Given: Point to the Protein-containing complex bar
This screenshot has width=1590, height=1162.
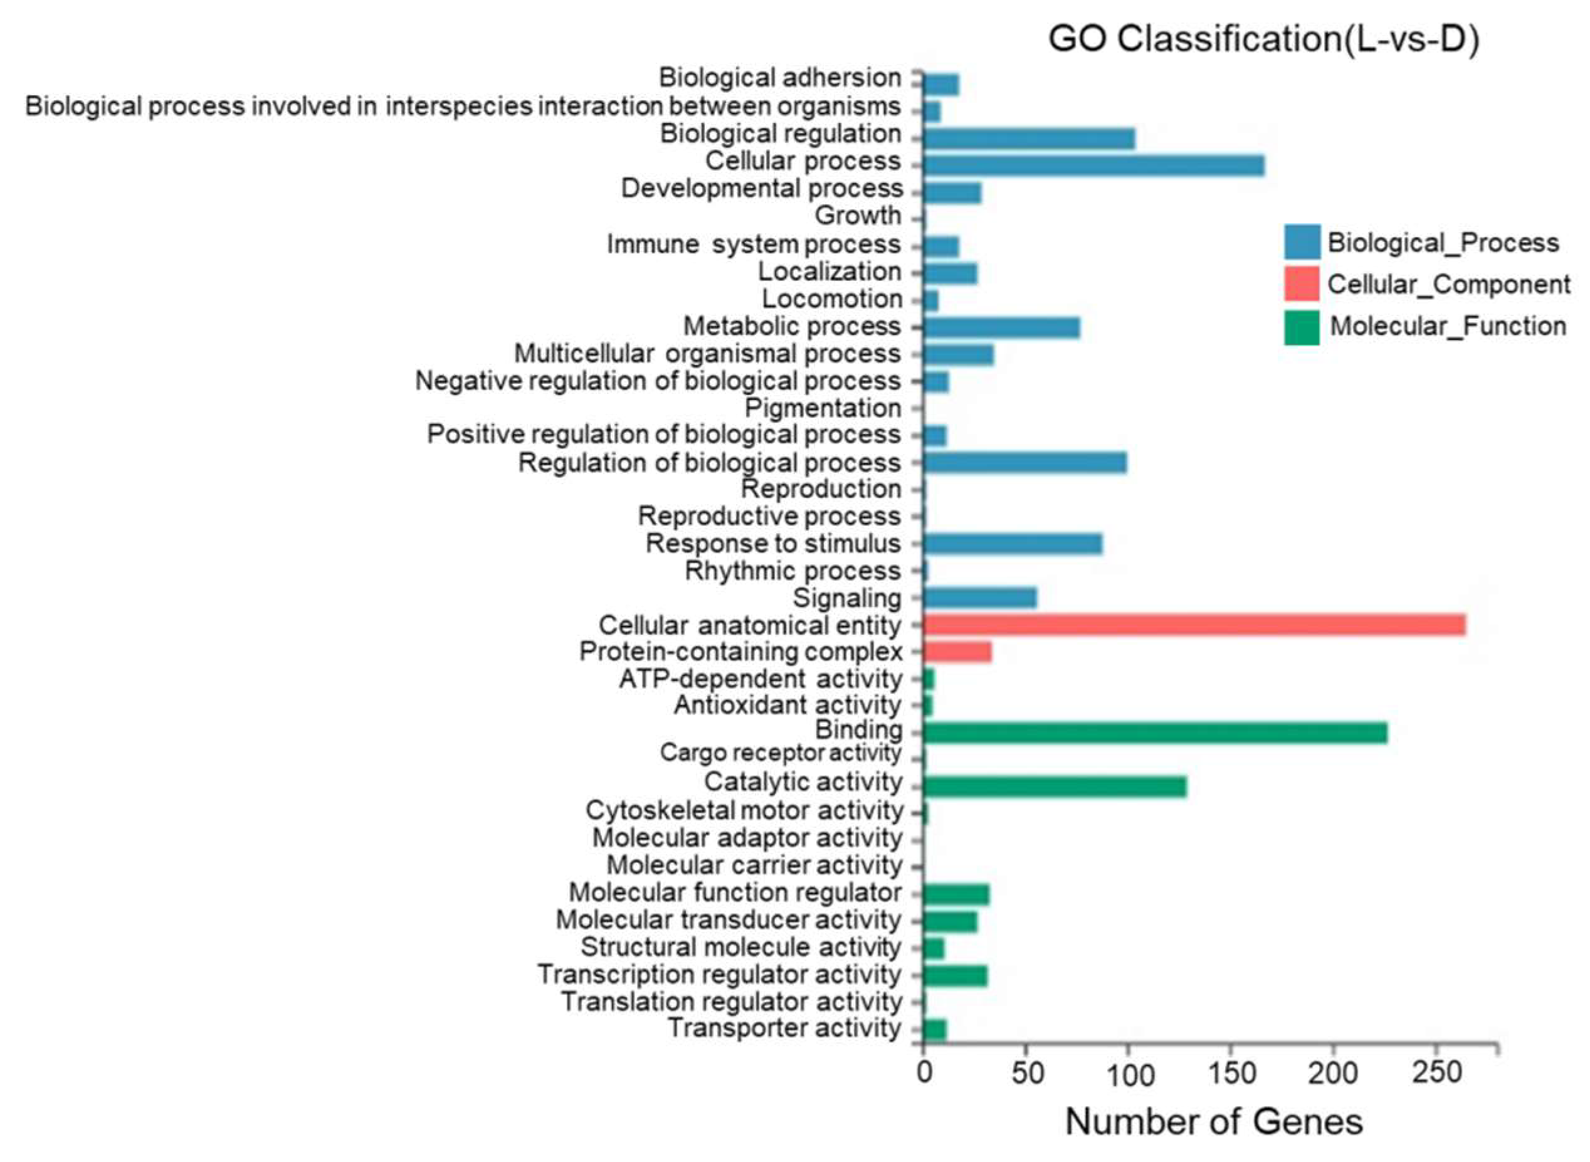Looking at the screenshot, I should click(956, 652).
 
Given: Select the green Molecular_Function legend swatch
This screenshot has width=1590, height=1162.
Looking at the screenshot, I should click(1301, 327).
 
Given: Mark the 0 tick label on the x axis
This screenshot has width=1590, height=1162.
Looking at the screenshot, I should click(924, 1074).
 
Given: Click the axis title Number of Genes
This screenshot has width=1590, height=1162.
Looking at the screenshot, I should click(1214, 1121).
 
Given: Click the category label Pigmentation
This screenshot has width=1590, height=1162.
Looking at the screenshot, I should click(822, 408).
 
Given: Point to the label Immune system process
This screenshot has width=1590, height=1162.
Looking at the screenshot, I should click(753, 245).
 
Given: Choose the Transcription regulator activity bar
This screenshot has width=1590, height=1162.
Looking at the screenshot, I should click(954, 976).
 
